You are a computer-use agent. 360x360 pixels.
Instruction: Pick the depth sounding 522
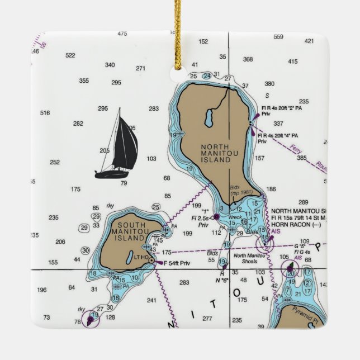click(x=70, y=55)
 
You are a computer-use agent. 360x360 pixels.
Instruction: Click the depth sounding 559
click(x=278, y=37)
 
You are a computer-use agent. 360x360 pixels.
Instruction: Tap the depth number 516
click(x=45, y=113)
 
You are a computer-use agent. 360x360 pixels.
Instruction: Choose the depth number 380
click(x=269, y=84)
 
